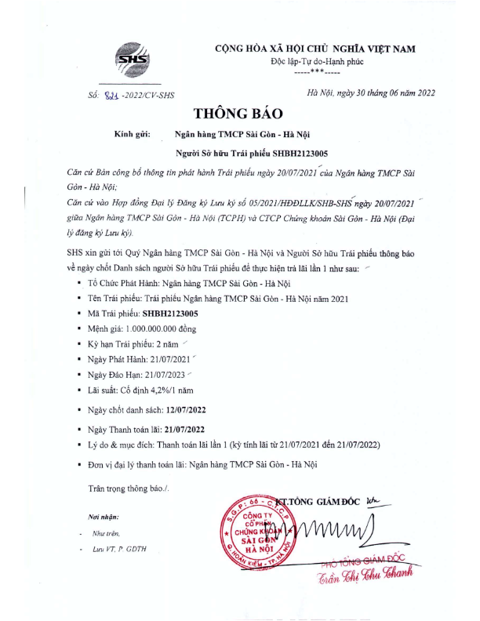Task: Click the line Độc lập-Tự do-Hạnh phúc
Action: (315, 61)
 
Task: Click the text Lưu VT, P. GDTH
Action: (119, 548)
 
